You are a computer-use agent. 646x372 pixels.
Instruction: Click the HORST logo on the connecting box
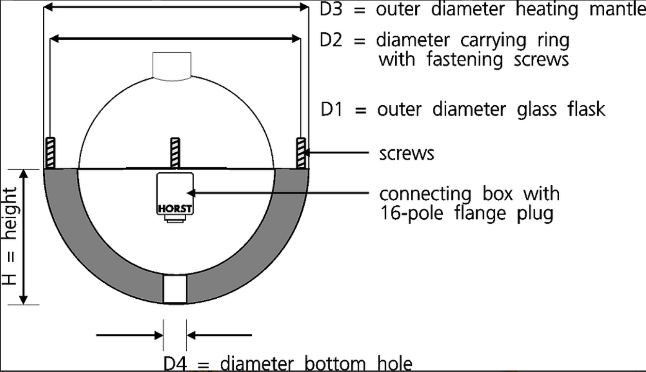pos(175,208)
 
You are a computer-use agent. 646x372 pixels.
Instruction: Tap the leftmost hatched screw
pos(51,153)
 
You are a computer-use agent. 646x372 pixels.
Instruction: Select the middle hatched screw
pos(175,153)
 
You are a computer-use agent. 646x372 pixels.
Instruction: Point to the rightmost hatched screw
pos(301,153)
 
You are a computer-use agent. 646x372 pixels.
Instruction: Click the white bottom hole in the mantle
pos(175,288)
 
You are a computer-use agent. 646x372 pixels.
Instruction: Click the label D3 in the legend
pos(331,9)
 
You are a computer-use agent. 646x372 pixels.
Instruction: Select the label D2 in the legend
pos(331,40)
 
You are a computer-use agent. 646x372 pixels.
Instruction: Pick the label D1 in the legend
pos(332,109)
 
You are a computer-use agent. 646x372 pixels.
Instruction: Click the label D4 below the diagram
pos(175,364)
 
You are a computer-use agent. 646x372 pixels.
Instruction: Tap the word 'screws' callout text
pos(407,154)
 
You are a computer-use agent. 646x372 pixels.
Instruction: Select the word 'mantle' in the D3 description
pos(617,9)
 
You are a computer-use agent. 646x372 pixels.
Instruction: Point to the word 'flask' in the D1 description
pos(586,109)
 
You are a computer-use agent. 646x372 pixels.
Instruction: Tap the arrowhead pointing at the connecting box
pos(191,193)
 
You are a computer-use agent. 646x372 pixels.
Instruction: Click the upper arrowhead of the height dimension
pos(23,173)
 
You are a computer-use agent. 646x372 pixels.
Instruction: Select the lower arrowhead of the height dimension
pos(23,300)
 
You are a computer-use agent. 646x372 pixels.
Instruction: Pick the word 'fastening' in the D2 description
pos(465,60)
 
